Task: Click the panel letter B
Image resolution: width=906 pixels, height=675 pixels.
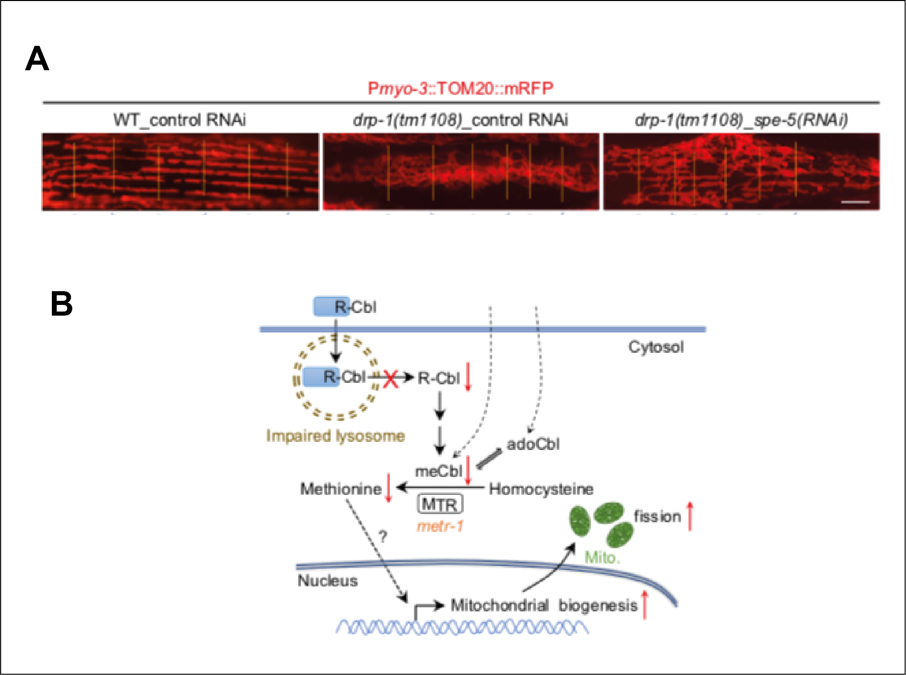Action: coord(62,304)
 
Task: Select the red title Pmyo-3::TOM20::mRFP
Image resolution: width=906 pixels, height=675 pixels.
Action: coord(460,89)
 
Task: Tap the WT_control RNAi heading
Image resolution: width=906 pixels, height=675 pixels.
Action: coord(179,120)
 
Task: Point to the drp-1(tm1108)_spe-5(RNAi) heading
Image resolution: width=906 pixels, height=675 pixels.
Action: coord(741,120)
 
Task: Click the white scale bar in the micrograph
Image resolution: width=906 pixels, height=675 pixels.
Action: coord(856,202)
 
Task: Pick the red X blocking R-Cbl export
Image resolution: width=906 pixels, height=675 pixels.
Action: coord(390,379)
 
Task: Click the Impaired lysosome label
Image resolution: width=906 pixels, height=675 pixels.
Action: coord(335,436)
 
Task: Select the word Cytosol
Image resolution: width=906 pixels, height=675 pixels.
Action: coord(656,347)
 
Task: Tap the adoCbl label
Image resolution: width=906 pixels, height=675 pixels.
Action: coord(533,444)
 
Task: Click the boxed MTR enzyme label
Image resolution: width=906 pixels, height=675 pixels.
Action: coord(440,504)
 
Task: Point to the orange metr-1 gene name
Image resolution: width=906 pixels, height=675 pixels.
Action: coord(440,526)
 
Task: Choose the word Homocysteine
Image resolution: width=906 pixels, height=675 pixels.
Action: coord(541,489)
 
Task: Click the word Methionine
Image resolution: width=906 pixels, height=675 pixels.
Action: coord(341,489)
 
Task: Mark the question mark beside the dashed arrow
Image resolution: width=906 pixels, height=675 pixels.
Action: coord(383,536)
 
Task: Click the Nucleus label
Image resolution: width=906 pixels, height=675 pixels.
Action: coord(327,581)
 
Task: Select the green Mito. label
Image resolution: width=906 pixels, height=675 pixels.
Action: coord(602,558)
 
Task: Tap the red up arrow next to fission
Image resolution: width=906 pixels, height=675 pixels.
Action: coord(690,516)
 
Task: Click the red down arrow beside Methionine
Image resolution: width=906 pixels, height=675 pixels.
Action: coord(388,488)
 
